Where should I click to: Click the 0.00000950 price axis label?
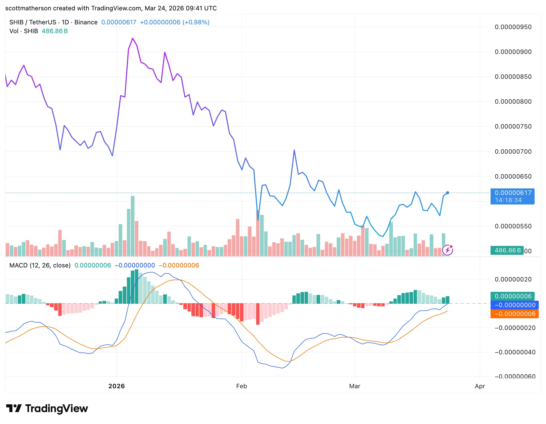(x=513, y=27)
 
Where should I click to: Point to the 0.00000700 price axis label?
(x=513, y=152)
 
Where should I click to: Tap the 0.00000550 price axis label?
(x=513, y=226)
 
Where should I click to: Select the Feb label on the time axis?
(x=241, y=386)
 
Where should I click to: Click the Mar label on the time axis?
(x=355, y=386)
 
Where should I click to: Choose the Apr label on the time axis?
(x=480, y=386)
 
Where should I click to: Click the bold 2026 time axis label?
(x=117, y=386)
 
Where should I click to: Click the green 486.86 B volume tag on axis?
(x=507, y=250)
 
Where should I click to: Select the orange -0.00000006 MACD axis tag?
(x=514, y=314)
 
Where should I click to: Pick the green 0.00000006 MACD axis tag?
(x=513, y=296)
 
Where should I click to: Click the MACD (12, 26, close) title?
(x=40, y=265)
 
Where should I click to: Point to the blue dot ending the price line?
(x=448, y=193)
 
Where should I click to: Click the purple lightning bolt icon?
(x=448, y=250)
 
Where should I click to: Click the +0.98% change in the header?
(x=196, y=22)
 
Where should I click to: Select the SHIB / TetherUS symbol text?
(x=33, y=22)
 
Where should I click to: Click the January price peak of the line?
(x=133, y=38)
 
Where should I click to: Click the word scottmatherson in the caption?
(x=28, y=8)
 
